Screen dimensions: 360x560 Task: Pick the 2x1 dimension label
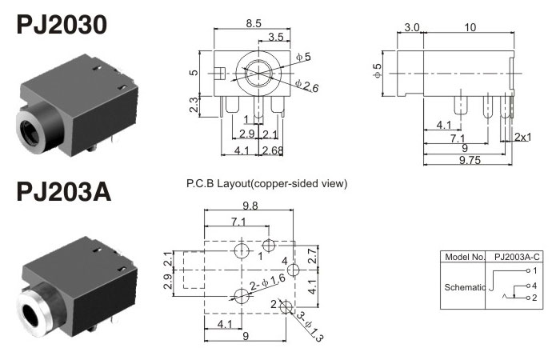[524, 137]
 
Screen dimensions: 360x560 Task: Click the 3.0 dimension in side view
[411, 27]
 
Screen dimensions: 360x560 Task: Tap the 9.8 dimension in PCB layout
[250, 205]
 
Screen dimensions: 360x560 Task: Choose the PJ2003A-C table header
[516, 258]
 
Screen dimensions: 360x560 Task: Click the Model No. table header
[463, 258]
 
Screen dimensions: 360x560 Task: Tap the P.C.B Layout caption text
[266, 184]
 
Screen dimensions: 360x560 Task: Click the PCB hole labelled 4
[293, 270]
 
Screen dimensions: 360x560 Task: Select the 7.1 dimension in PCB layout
[238, 221]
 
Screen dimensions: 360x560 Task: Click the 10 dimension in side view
[470, 27]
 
